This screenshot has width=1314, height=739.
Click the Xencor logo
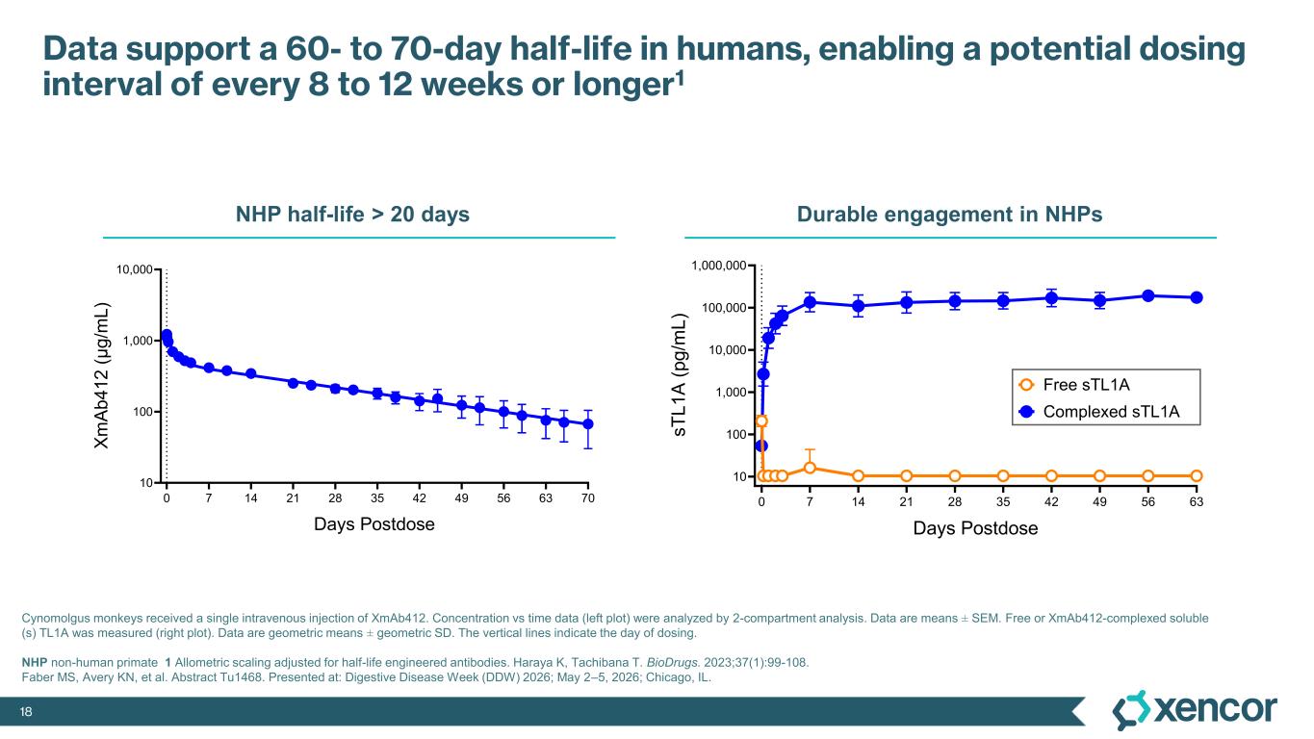click(1194, 710)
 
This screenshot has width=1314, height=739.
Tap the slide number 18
click(26, 712)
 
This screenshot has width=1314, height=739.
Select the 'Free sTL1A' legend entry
click(1074, 385)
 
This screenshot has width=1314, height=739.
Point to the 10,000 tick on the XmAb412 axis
click(135, 269)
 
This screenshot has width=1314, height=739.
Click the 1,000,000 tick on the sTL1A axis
click(719, 266)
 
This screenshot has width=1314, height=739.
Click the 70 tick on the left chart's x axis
click(588, 497)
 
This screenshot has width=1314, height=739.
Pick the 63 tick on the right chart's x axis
click(1197, 502)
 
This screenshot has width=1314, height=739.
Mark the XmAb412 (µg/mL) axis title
click(101, 376)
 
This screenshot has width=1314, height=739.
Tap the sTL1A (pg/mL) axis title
click(679, 374)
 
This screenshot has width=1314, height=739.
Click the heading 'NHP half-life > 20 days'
click(352, 214)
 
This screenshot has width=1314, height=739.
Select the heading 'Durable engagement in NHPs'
click(950, 214)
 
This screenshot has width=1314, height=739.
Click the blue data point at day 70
click(588, 424)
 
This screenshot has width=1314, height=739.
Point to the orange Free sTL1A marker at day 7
click(810, 468)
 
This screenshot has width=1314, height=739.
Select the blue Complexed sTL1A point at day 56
click(1148, 296)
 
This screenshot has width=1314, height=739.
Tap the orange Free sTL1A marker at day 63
click(1197, 475)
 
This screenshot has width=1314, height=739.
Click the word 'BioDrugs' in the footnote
click(673, 663)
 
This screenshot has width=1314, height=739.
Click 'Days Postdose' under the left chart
click(374, 524)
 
